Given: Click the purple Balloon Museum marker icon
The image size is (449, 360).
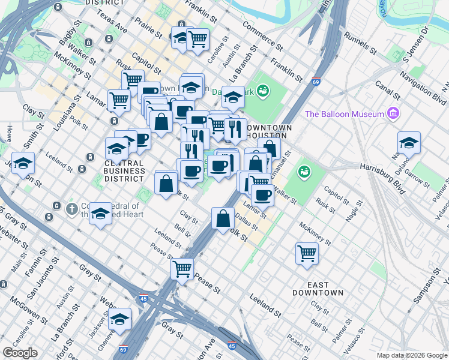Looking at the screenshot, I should point(394,113).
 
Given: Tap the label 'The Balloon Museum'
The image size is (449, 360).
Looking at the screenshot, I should point(345,114).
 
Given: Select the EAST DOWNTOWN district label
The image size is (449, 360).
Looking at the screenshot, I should point(318,287).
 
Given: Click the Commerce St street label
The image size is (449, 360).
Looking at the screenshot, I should point(262,35).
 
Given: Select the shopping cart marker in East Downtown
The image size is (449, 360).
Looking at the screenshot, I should point(307,253).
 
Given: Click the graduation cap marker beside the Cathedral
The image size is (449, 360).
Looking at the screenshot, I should point(100,213).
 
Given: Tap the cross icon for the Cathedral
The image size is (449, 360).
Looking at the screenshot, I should point(71,209).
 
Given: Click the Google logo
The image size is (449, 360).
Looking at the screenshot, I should point(19,353).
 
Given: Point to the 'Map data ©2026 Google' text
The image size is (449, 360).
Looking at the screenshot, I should point(412,355).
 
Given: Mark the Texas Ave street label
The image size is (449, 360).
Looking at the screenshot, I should point(113,22).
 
